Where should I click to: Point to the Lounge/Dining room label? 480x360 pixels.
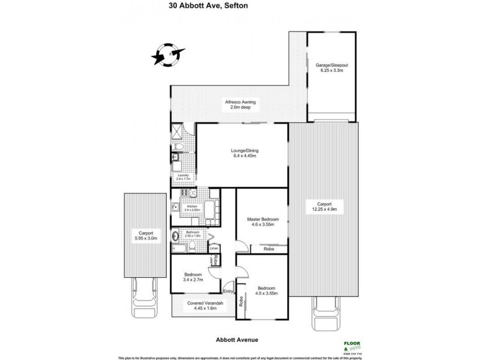point(240,154)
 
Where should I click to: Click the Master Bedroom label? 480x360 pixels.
point(262,222)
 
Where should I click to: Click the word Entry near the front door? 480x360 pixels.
point(227,292)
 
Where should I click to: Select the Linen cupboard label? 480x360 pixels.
point(213,248)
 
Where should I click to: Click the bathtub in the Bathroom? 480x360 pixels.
point(180,247)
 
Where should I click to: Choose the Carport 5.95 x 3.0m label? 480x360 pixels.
point(145,236)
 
